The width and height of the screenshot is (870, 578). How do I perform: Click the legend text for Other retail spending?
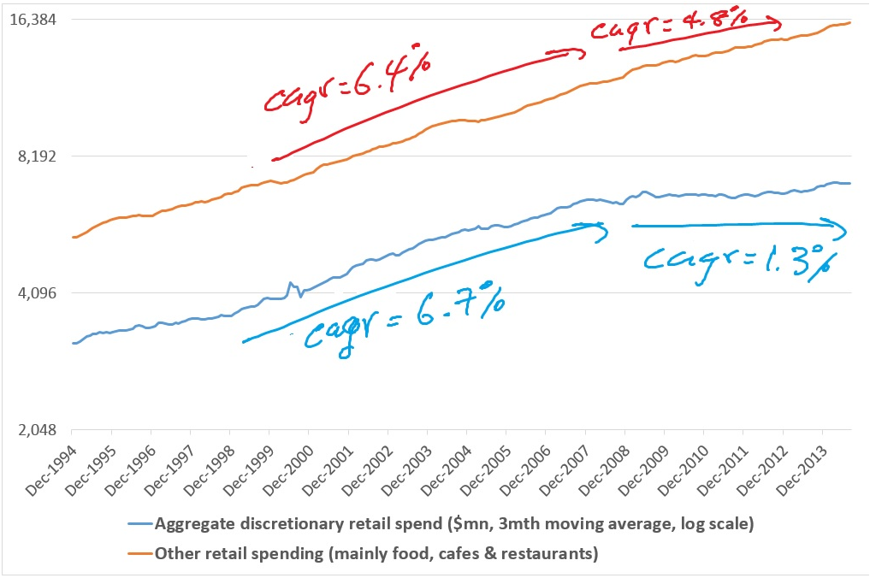coord(376,553)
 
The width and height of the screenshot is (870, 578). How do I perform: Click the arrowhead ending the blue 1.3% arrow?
coord(842,227)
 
